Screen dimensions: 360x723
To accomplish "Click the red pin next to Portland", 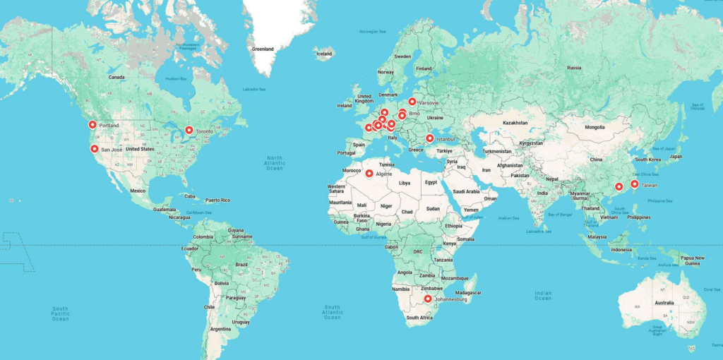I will pyautogui.click(x=92, y=125).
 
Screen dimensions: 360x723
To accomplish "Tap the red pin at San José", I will pyautogui.click(x=94, y=149).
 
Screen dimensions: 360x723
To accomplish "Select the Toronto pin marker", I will pyautogui.click(x=189, y=130).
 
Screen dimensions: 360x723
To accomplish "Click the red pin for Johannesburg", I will pyautogui.click(x=427, y=299).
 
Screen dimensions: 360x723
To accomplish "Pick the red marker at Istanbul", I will pyautogui.click(x=429, y=138).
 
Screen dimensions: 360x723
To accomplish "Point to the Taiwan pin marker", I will pyautogui.click(x=634, y=184).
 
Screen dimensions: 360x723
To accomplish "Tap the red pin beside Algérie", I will pyautogui.click(x=369, y=173).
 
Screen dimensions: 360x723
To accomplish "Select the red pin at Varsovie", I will pyautogui.click(x=412, y=102).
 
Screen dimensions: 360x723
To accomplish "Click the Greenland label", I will pyautogui.click(x=263, y=49).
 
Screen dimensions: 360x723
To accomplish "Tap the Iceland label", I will pyautogui.click(x=324, y=54).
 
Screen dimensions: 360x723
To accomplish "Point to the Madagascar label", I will pyautogui.click(x=467, y=292).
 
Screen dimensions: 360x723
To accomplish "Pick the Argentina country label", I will pyautogui.click(x=220, y=329).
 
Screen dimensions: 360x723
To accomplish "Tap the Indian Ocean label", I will pyautogui.click(x=542, y=295).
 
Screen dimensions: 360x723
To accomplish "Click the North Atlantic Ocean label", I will pyautogui.click(x=274, y=163).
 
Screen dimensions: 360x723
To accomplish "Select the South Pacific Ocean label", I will pyautogui.click(x=60, y=313).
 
